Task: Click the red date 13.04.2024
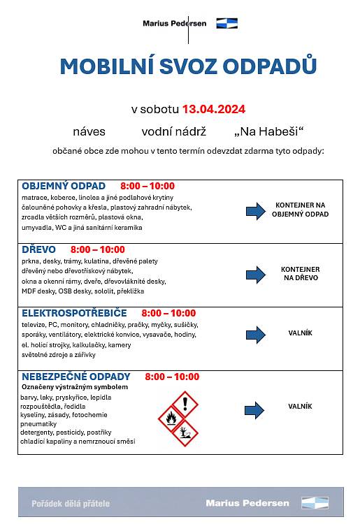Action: click(x=213, y=109)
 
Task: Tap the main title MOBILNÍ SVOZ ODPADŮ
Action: click(x=188, y=66)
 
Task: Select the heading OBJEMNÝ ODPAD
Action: click(x=64, y=186)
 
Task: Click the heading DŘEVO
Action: click(x=39, y=249)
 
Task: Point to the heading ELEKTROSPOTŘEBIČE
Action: click(x=74, y=313)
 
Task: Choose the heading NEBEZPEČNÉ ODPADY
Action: click(x=76, y=377)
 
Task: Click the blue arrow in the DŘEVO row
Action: click(x=256, y=274)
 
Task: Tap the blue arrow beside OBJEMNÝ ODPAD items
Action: click(x=256, y=210)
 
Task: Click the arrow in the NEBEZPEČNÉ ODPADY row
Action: click(x=256, y=409)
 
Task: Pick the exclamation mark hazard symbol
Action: click(x=185, y=404)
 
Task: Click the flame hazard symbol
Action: click(x=171, y=419)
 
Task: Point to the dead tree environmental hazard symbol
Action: click(x=185, y=434)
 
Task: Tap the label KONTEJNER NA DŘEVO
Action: click(x=300, y=273)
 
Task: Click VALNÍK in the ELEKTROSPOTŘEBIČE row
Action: click(x=300, y=334)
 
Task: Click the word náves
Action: click(x=87, y=131)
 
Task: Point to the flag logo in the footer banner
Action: click(x=314, y=502)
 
